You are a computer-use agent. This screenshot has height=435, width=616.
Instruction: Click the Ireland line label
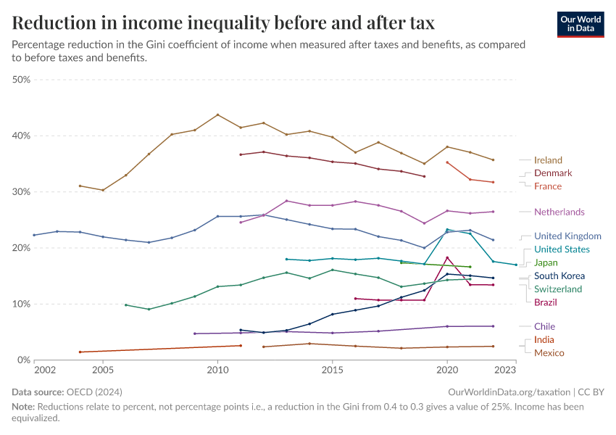tap(548, 160)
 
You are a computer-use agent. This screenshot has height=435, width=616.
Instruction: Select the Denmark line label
tap(553, 173)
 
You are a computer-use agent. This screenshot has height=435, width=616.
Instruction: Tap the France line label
tap(548, 186)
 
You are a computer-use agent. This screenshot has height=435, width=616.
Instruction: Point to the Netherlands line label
tap(559, 212)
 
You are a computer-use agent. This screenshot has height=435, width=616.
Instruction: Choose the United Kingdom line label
tap(567, 236)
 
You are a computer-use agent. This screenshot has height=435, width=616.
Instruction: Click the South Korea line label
tap(559, 276)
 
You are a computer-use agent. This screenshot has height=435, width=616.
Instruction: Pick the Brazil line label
tap(546, 302)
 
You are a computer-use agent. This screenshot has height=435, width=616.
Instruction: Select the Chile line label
tap(544, 327)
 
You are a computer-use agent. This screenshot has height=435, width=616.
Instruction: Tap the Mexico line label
tap(549, 353)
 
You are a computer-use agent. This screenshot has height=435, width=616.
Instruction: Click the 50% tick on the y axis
tap(22, 80)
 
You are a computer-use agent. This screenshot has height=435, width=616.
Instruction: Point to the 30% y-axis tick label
tap(22, 192)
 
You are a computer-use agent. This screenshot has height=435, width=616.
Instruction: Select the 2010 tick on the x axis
tap(217, 370)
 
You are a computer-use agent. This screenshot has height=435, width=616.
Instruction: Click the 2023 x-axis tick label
tap(505, 370)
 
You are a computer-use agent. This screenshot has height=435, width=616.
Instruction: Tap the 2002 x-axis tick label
tap(45, 370)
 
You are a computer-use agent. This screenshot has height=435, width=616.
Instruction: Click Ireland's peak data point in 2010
tap(217, 115)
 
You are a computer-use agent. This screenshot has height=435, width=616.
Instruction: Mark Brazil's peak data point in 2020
tap(447, 257)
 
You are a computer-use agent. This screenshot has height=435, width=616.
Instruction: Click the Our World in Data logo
tap(580, 24)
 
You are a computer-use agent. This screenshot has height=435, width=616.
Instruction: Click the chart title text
tap(223, 23)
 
